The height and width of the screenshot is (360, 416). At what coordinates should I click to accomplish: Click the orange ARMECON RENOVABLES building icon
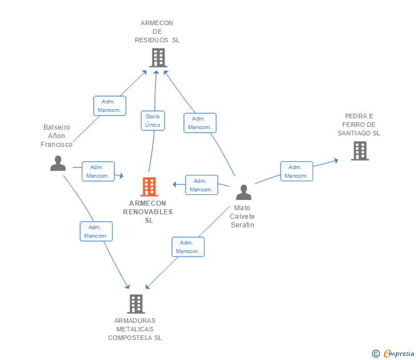tap(149, 187)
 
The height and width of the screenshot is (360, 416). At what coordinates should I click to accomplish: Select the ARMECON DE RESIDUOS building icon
tap(158, 58)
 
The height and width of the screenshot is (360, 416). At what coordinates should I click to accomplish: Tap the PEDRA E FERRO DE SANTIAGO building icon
tap(360, 151)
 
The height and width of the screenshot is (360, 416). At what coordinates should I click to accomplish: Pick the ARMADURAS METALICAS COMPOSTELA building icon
tap(136, 304)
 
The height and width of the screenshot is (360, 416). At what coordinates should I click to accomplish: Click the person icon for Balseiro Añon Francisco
tap(58, 163)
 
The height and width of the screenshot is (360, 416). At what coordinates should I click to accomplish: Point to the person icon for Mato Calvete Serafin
tap(243, 193)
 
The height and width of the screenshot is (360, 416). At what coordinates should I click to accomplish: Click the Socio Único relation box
tap(153, 121)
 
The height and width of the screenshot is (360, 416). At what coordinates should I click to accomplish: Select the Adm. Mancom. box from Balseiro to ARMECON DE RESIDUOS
tap(110, 106)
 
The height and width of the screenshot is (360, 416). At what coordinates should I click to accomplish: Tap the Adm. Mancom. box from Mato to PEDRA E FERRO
tap(297, 171)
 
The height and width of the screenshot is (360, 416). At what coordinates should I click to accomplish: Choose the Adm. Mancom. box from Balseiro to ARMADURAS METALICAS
tap(96, 231)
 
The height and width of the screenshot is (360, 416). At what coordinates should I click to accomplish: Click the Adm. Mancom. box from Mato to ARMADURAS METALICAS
tap(188, 247)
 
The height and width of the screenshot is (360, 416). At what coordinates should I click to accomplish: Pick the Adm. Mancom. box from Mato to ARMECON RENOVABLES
tap(202, 185)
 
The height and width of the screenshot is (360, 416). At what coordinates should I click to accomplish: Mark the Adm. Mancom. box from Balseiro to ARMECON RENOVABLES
tap(98, 171)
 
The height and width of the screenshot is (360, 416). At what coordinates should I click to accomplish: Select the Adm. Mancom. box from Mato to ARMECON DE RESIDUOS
tap(200, 123)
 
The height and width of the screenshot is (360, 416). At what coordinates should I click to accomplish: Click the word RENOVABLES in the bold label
tap(148, 212)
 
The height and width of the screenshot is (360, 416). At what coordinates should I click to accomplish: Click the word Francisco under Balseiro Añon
tap(57, 145)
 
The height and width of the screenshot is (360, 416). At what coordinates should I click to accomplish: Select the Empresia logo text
tap(399, 353)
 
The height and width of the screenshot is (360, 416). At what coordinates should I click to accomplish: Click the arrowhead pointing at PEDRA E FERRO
tap(336, 161)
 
